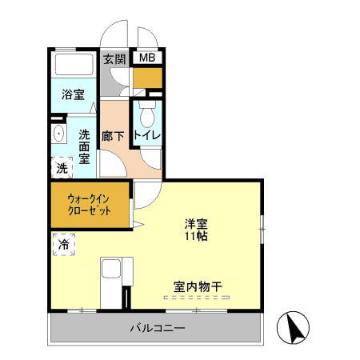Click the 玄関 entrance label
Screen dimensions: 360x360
click(x=114, y=58)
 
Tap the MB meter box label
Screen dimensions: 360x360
click(x=148, y=58)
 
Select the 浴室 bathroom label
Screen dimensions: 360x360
click(x=73, y=94)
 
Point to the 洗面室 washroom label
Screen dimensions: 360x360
click(x=85, y=146)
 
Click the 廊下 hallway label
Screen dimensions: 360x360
click(x=113, y=136)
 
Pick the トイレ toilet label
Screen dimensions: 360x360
click(x=148, y=136)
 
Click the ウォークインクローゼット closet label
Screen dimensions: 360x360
click(x=88, y=205)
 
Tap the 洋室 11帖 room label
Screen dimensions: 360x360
click(x=197, y=230)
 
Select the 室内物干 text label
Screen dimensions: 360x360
click(x=197, y=284)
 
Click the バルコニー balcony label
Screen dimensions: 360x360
click(x=158, y=329)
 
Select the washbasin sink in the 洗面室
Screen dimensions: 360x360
click(x=58, y=134)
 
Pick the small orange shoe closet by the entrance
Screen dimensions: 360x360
click(x=147, y=77)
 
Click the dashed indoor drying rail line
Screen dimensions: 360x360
click(x=197, y=297)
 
